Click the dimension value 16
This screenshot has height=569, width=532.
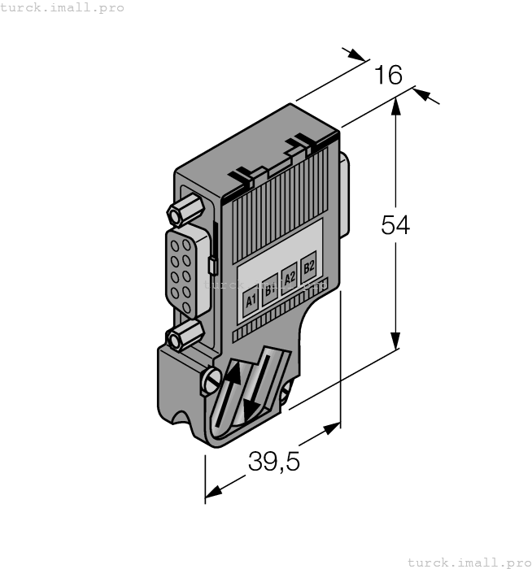pyautogui.click(x=388, y=76)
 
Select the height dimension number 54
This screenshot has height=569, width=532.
pyautogui.click(x=395, y=225)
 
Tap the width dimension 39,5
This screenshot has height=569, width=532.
pyautogui.click(x=274, y=462)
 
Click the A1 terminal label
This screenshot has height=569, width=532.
pyautogui.click(x=251, y=301)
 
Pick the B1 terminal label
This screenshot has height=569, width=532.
pyautogui.click(x=270, y=289)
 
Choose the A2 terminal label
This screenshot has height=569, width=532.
pyautogui.click(x=289, y=278)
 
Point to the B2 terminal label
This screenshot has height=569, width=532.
pyautogui.click(x=308, y=267)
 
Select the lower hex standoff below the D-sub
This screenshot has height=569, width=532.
pyautogui.click(x=183, y=335)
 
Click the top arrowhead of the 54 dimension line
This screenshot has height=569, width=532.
pyautogui.click(x=395, y=104)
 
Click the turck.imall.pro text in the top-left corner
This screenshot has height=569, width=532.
pyautogui.click(x=63, y=7)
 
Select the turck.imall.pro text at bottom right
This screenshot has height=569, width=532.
pyautogui.click(x=469, y=562)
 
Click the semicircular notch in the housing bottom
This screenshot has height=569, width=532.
pyautogui.click(x=180, y=419)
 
